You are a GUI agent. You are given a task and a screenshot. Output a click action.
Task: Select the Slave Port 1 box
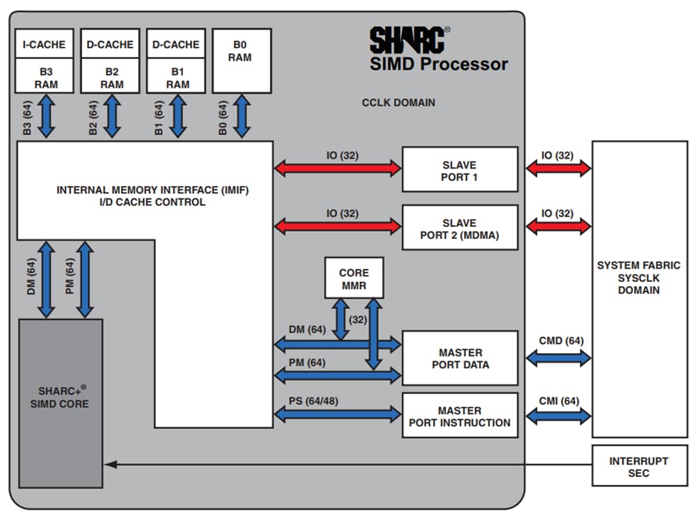point(459,169)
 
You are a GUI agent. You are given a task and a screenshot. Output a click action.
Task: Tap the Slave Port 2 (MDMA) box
point(459,228)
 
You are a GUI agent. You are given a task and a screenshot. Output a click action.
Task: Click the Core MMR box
point(354,278)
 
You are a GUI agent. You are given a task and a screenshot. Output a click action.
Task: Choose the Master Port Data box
point(459,358)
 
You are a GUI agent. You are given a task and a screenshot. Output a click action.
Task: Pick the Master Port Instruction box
point(459,416)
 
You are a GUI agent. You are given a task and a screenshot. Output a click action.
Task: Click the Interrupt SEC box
point(638,466)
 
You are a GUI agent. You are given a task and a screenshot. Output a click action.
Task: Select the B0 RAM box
point(241,61)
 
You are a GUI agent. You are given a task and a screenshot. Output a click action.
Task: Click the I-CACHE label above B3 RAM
point(44,45)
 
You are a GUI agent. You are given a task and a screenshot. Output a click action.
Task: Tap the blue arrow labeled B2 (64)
point(111,117)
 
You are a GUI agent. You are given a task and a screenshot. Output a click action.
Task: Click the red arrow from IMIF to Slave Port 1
point(338,169)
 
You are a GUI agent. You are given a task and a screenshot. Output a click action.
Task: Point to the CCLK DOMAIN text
point(398,102)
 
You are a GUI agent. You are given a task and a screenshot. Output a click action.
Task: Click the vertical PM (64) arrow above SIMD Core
point(86,279)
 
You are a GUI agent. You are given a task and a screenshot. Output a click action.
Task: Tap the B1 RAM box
point(177,77)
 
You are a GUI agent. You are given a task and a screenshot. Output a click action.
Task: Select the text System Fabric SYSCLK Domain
point(638,277)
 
